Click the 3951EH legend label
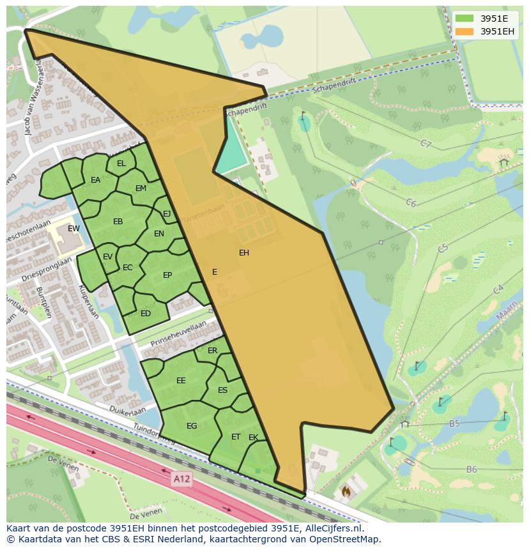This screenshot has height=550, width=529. click(498, 31)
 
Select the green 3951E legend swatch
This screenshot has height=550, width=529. click(464, 19)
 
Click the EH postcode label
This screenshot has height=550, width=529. click(244, 253)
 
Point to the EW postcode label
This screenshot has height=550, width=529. click(74, 229)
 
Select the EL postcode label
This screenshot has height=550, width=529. click(121, 164)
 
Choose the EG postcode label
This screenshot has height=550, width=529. click(192, 426)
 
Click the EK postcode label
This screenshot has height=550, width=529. click(253, 438)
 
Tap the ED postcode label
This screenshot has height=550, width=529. click(146, 314)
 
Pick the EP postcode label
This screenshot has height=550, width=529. click(167, 275)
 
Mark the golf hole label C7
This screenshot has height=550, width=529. click(426, 144)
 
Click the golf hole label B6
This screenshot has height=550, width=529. click(471, 470)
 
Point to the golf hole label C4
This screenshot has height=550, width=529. click(498, 289)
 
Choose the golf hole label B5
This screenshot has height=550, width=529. click(454, 424)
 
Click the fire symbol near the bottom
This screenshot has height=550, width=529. click(346, 492)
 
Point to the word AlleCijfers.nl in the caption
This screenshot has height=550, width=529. click(333, 528)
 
